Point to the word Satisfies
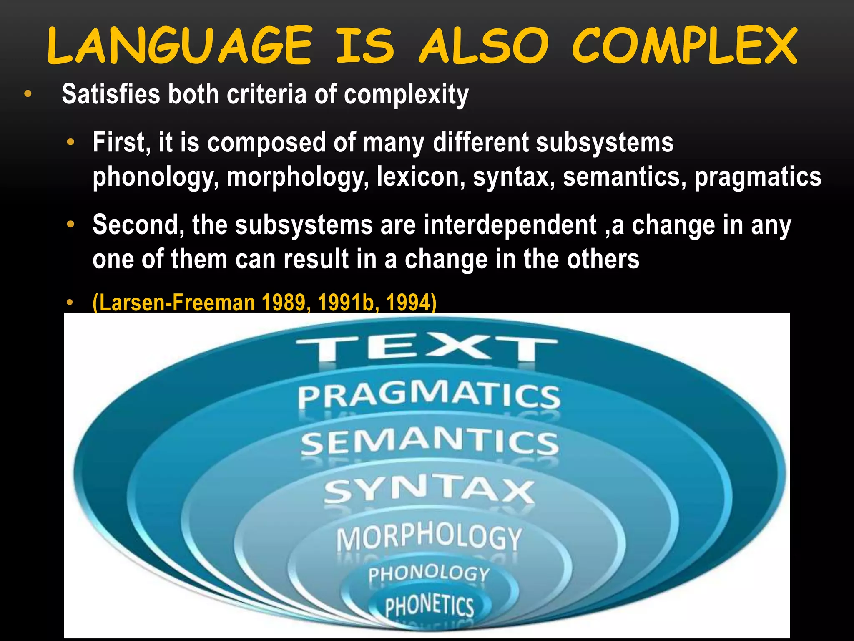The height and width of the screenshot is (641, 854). pos(111,94)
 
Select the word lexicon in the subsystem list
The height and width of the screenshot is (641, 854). pos(421,177)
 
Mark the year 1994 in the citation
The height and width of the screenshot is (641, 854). pos(409,303)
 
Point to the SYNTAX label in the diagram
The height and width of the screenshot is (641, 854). pos(430,490)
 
